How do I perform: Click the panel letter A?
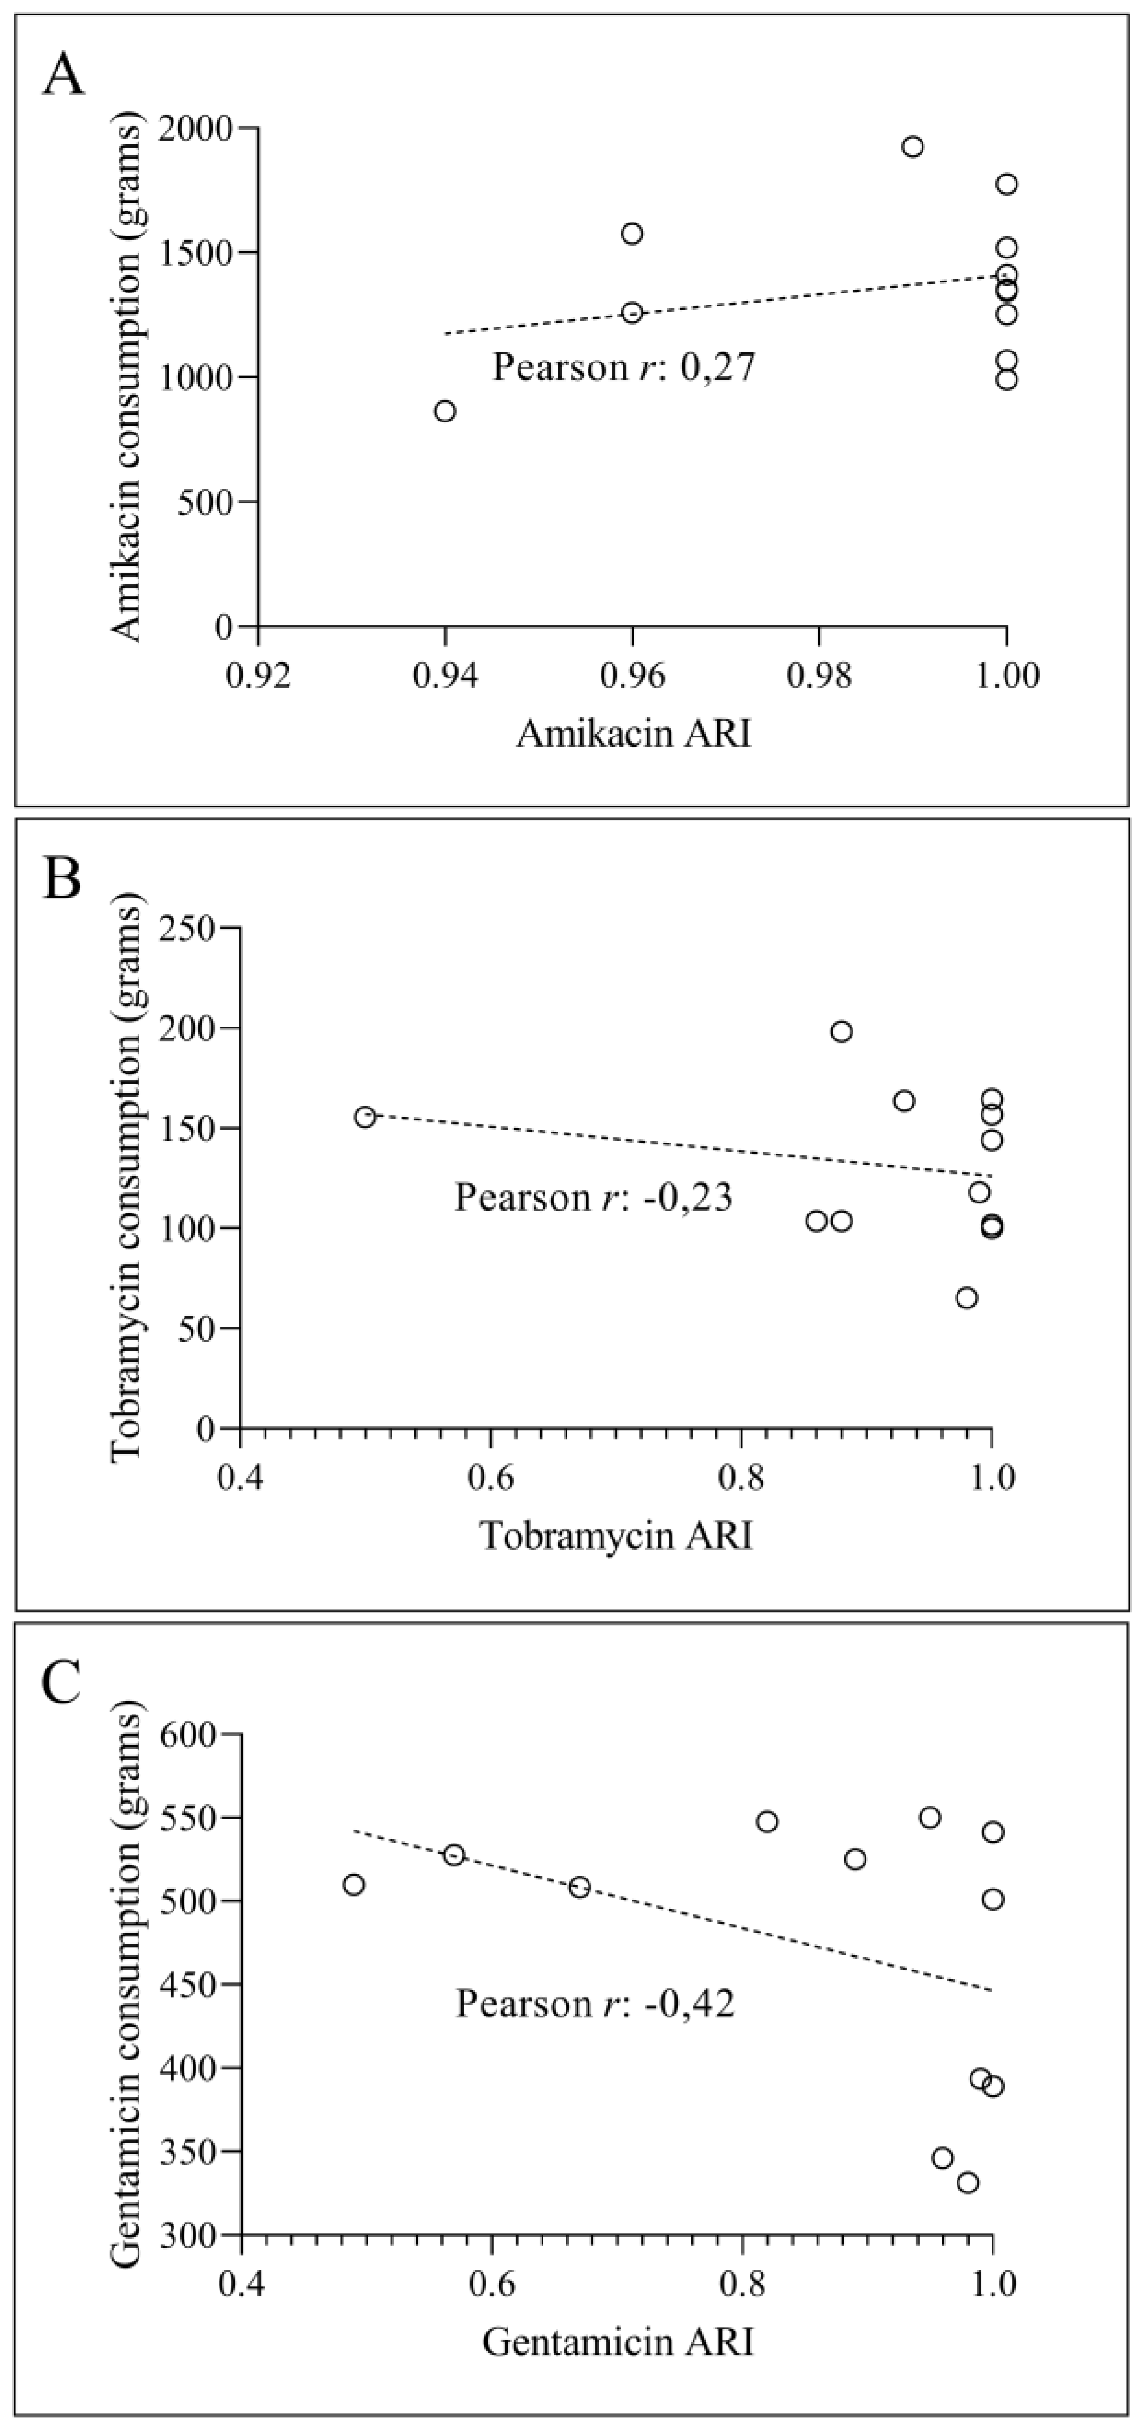[x=63, y=74]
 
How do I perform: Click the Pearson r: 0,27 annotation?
[x=624, y=367]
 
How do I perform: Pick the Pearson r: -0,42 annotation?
[x=596, y=2003]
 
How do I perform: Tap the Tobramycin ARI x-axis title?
[x=617, y=1536]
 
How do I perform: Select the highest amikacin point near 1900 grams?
[x=912, y=146]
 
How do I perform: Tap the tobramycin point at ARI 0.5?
[x=365, y=1116]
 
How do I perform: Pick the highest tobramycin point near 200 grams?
[x=841, y=1031]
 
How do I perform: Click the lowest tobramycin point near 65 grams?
[x=966, y=1297]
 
